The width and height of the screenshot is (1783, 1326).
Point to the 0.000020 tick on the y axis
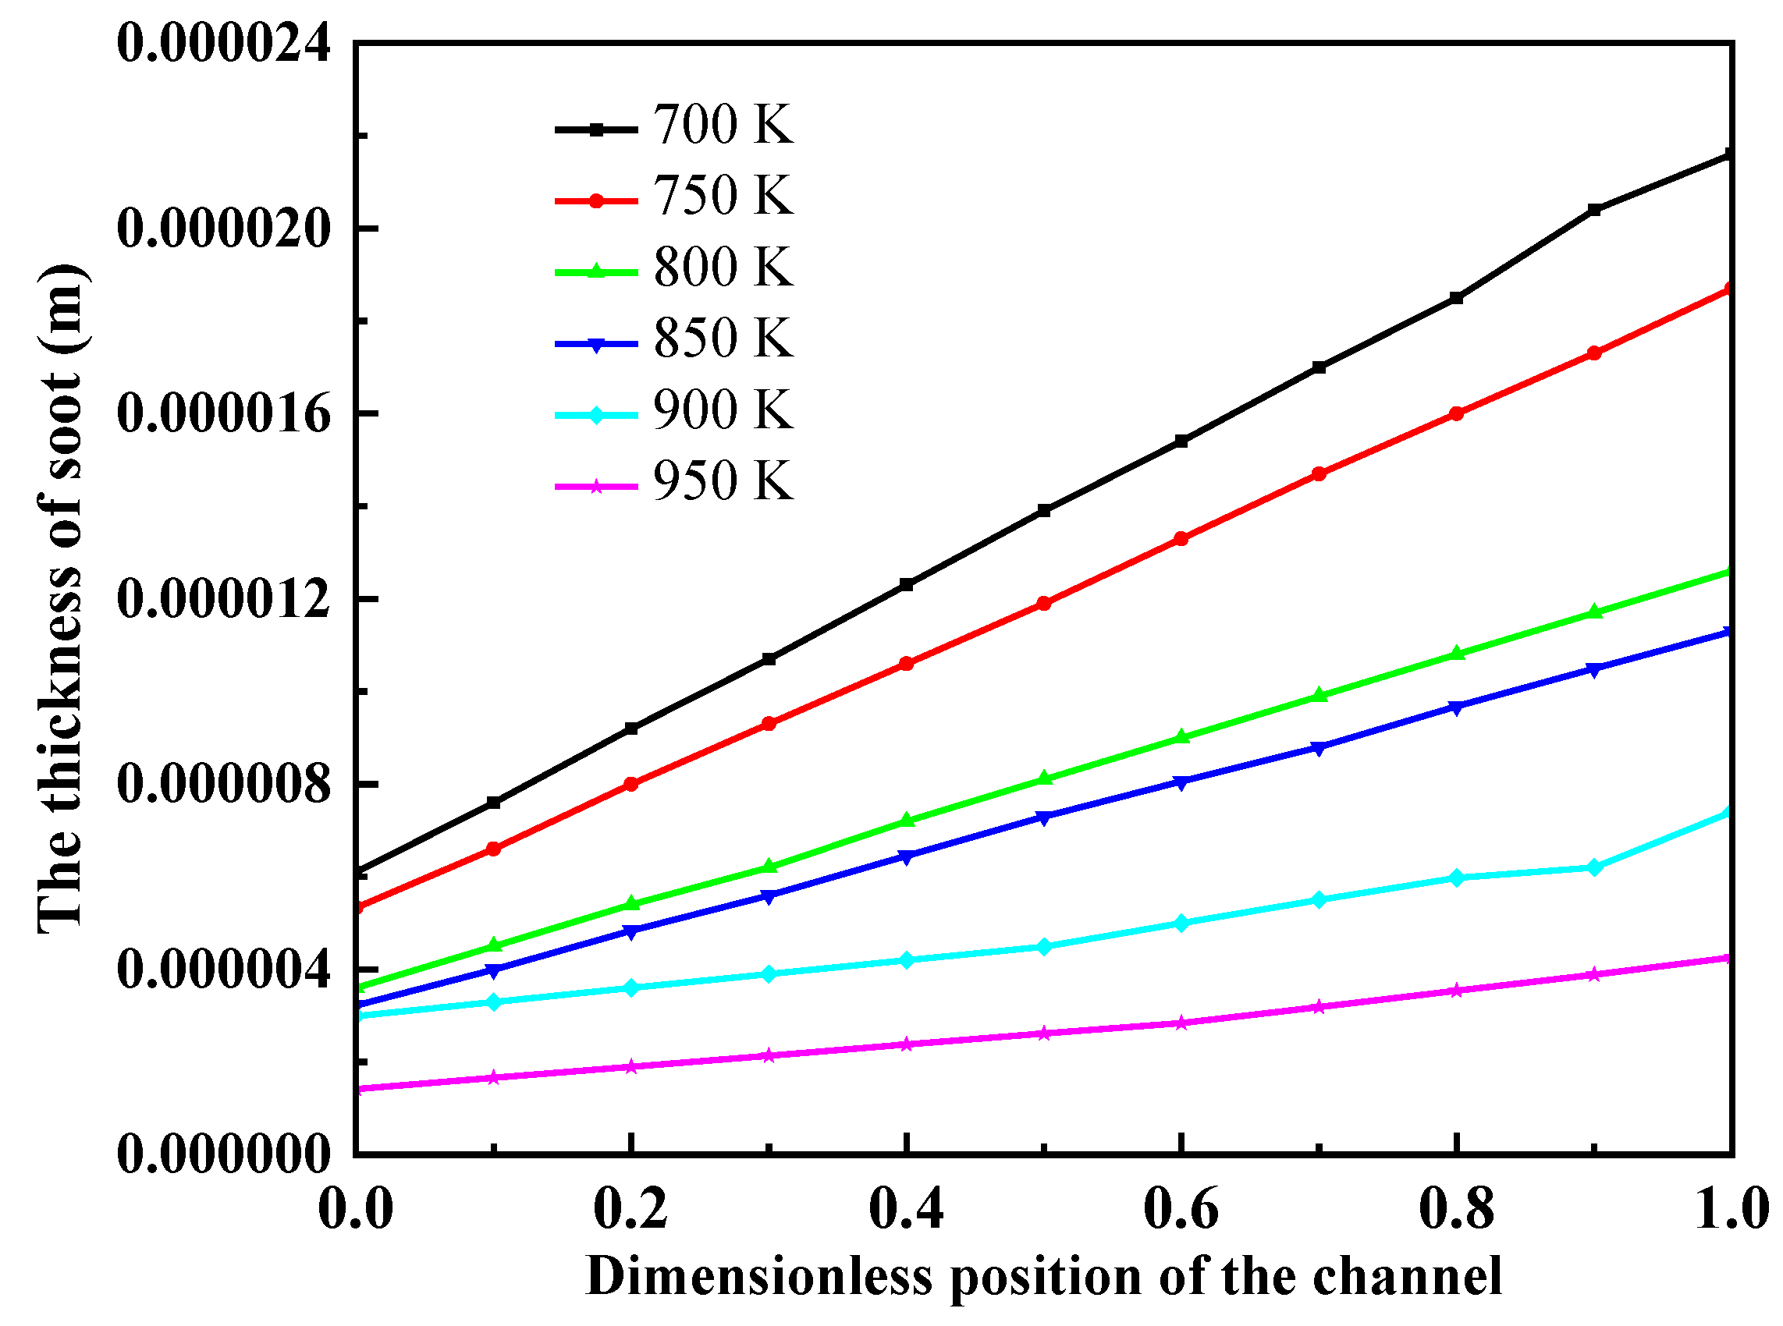coord(223,229)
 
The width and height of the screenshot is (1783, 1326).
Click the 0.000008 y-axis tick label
coord(223,784)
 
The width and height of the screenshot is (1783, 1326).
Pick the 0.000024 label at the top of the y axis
coord(223,44)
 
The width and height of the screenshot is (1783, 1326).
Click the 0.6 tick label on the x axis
coord(1181,1210)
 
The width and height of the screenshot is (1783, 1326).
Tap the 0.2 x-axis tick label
coord(630,1210)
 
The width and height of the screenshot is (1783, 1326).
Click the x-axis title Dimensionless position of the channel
coord(1043,1276)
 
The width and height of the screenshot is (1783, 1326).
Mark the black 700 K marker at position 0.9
coord(1594,211)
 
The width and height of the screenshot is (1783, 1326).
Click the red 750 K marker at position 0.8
coord(1456,414)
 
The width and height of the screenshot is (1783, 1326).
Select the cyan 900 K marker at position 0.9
coord(1594,867)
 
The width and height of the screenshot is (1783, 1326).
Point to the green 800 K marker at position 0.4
coord(907,821)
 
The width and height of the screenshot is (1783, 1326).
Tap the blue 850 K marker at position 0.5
coord(1043,818)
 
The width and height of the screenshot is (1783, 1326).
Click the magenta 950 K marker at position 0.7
coord(1318,1007)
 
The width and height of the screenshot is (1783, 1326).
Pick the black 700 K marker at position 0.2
coord(631,729)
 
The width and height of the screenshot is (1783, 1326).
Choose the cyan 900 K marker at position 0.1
coord(494,1002)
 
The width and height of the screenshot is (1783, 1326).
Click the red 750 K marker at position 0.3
coord(769,723)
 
